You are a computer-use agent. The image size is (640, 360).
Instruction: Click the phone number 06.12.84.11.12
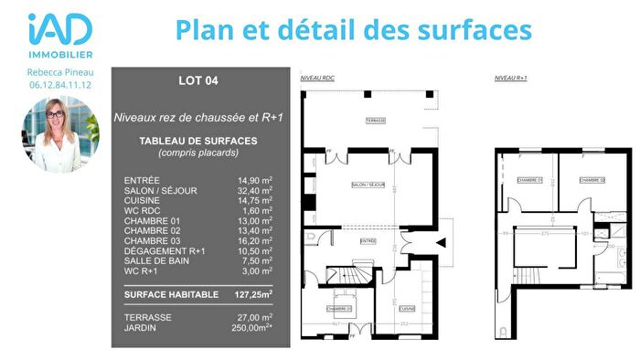59,85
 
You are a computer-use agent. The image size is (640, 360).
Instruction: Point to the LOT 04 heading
198,80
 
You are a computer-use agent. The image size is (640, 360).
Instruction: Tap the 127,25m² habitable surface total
251,294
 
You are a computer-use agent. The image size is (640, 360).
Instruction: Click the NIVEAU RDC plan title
317,79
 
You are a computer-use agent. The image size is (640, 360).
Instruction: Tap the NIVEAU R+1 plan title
510,79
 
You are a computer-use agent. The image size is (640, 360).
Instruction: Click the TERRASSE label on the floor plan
376,121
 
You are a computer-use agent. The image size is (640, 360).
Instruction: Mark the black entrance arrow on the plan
442,242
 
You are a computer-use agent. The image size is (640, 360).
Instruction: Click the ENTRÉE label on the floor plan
368,241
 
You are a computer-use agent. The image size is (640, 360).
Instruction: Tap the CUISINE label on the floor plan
407,308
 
